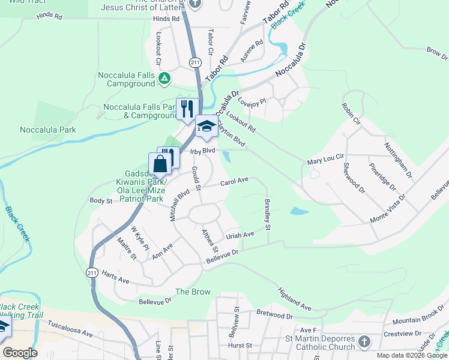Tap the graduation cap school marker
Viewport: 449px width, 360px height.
[x=206, y=126]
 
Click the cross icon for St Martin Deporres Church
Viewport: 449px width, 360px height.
[x=363, y=343]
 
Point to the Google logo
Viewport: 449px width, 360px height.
[x=19, y=353]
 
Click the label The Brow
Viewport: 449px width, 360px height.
[x=193, y=292]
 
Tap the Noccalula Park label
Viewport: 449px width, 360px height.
[x=48, y=130]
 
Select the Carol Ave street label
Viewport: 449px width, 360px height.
[x=234, y=181]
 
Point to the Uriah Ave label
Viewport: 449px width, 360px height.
[x=241, y=235]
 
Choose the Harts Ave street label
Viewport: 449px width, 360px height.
[x=115, y=280]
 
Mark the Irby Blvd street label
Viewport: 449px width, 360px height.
[x=202, y=151]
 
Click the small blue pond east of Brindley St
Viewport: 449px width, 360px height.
[x=299, y=211]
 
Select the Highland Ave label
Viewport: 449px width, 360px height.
[x=294, y=298]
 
